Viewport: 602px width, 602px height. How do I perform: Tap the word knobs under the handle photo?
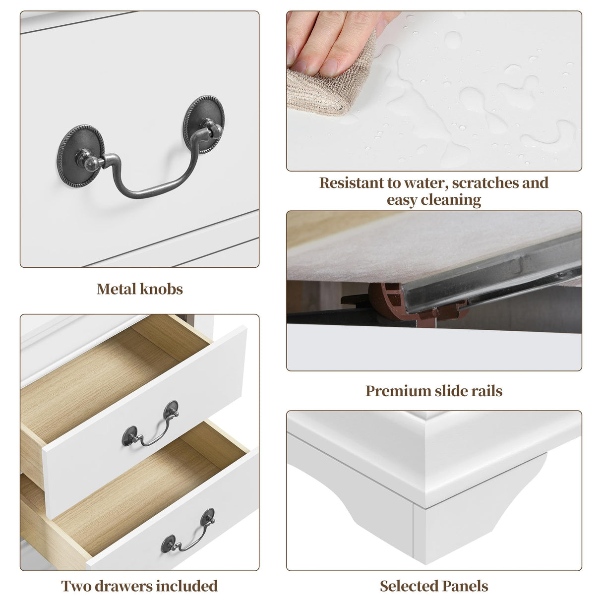(x=162, y=289)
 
